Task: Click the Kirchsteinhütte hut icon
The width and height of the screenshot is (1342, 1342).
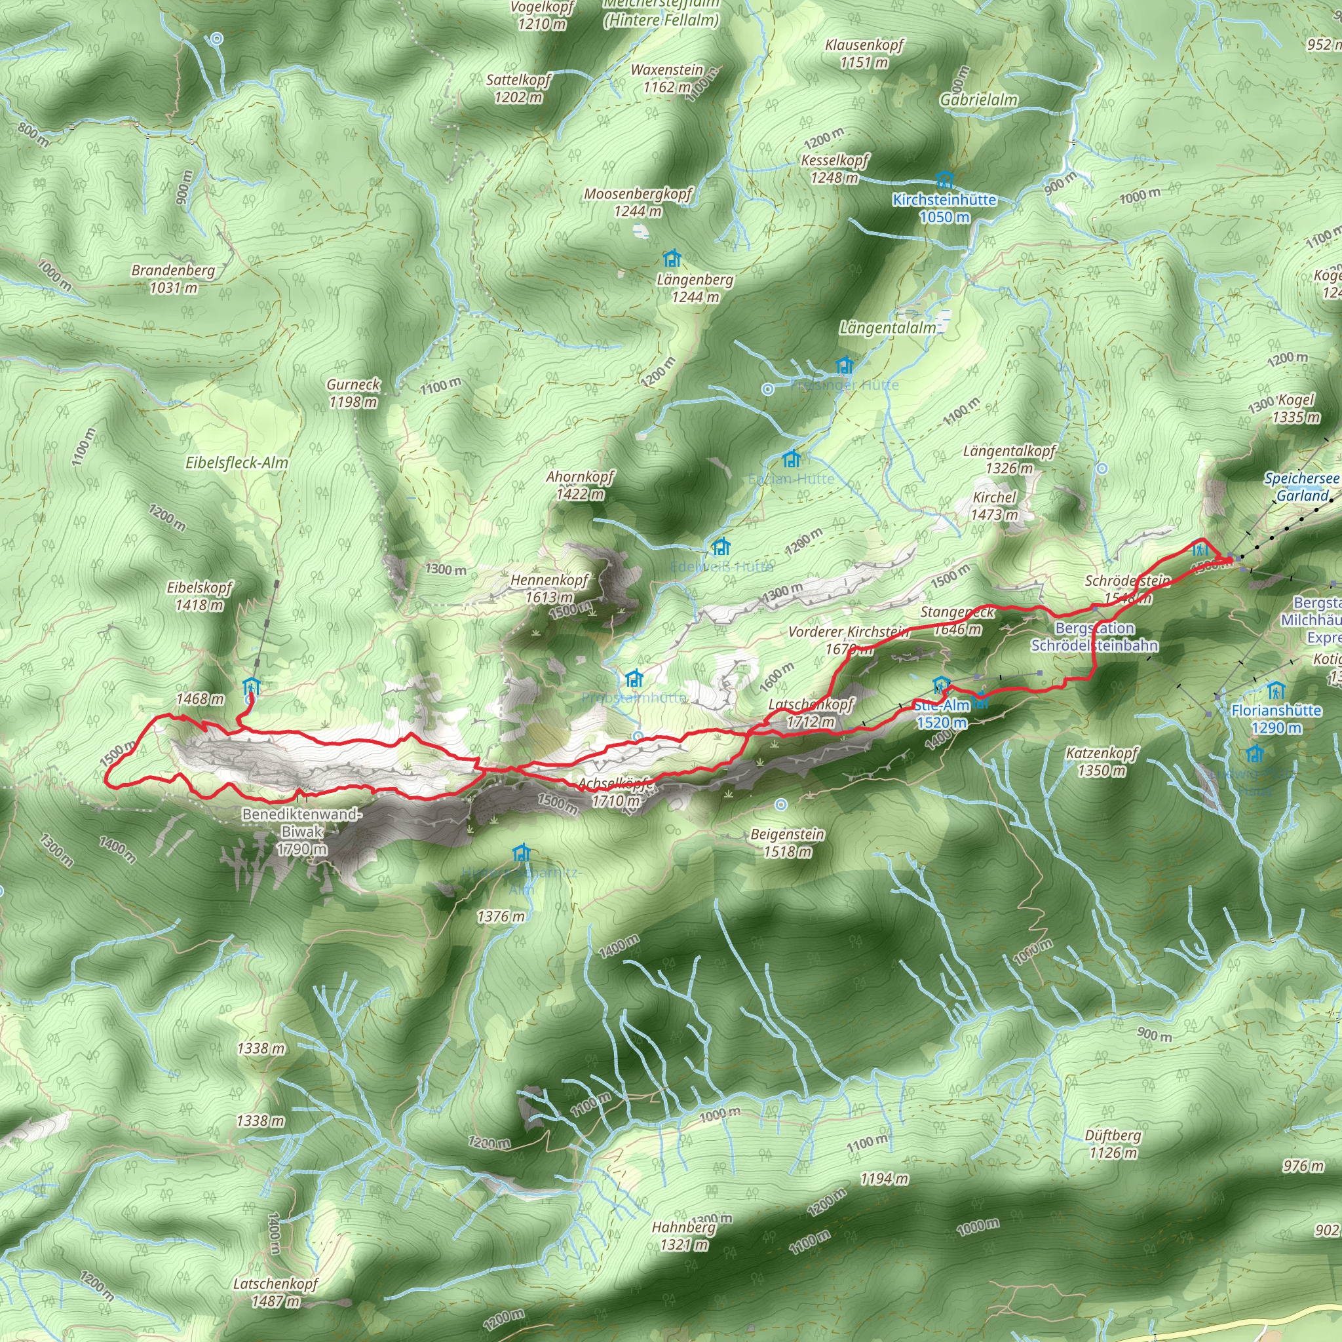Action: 944,181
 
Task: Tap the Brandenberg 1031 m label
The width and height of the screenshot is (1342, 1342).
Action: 173,278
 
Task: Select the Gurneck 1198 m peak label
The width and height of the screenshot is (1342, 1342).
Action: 353,393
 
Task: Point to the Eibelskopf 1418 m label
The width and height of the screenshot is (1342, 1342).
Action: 199,596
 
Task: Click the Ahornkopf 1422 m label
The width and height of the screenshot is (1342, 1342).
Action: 580,485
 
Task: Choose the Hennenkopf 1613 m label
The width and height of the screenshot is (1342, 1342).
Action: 548,588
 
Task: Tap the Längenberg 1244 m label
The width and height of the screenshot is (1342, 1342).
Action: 695,288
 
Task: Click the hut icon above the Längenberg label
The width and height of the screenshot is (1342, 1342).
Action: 672,259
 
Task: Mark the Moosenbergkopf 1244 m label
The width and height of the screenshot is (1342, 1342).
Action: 638,202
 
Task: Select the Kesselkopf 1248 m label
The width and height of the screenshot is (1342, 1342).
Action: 834,169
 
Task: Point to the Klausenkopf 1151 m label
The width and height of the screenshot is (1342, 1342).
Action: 864,54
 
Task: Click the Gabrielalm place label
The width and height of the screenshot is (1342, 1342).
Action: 978,100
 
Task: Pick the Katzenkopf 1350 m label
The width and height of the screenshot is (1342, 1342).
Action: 1102,761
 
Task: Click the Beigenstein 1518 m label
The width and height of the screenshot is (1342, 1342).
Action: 787,843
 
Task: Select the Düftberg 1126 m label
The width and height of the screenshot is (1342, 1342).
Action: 1113,1144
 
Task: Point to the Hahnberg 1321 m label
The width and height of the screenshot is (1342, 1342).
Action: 683,1236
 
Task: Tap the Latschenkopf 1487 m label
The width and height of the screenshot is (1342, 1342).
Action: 275,1292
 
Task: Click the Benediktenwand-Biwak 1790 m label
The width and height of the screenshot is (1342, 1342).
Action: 301,832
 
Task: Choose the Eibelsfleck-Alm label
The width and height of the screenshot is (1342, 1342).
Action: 236,463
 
